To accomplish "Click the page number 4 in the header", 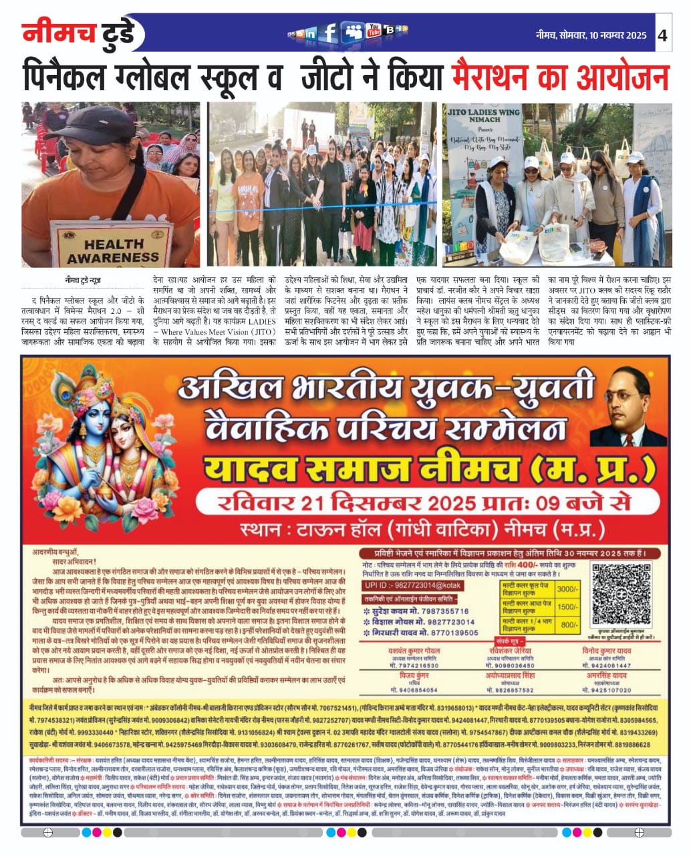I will pyautogui.click(x=662, y=35).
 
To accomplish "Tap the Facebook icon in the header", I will pyautogui.click(x=329, y=33).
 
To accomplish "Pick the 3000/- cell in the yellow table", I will pyautogui.click(x=567, y=589).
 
